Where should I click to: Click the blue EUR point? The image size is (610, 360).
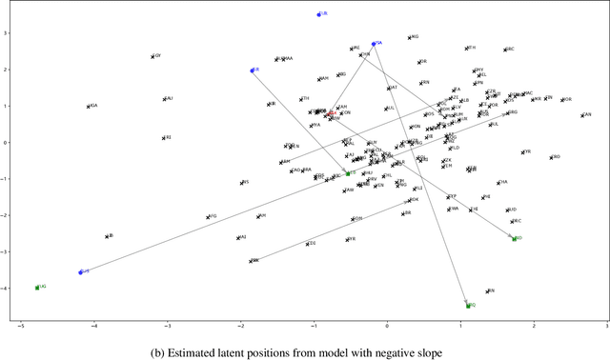click(x=319, y=14)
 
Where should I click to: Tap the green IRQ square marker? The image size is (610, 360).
click(x=468, y=306)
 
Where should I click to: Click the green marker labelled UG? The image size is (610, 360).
click(x=36, y=287)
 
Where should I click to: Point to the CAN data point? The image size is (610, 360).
click(x=581, y=115)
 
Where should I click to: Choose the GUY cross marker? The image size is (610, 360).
click(x=152, y=56)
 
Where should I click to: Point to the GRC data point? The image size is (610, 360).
click(x=505, y=50)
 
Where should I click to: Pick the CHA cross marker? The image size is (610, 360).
click(x=498, y=182)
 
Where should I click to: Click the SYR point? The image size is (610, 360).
click(x=523, y=152)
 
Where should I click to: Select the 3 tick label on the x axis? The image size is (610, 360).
click(x=606, y=326)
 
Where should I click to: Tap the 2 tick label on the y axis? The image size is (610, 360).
click(x=7, y=70)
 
